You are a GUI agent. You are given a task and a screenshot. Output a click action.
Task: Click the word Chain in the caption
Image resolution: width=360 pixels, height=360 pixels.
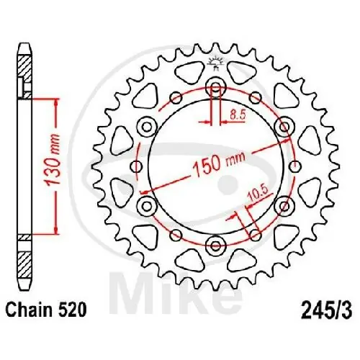tap(31, 310)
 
